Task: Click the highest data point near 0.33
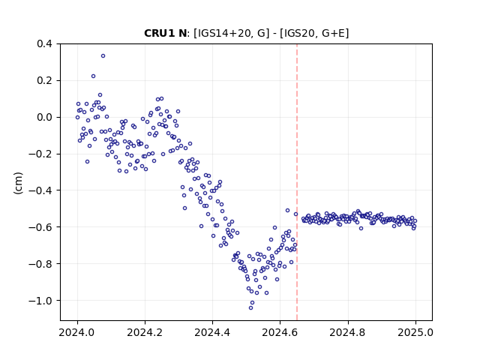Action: point(103,56)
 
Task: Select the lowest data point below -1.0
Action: point(250,307)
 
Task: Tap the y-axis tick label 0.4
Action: point(45,43)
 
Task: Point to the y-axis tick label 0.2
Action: point(45,80)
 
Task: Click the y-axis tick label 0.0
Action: point(45,117)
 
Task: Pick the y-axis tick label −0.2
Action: point(40,154)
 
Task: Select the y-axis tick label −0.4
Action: point(40,190)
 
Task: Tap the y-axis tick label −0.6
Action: point(40,227)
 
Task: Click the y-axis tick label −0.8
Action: point(40,264)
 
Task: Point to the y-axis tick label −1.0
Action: point(40,301)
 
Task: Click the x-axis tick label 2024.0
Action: point(77,332)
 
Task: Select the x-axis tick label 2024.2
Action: point(145,332)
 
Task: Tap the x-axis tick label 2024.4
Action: point(212,332)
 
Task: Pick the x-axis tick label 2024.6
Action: point(280,332)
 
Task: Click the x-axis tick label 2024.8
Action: point(348,332)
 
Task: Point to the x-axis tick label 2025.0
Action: point(415,332)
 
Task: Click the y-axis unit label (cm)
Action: point(18,183)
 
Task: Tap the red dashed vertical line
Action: point(297,182)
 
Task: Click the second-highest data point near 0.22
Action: point(93,76)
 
